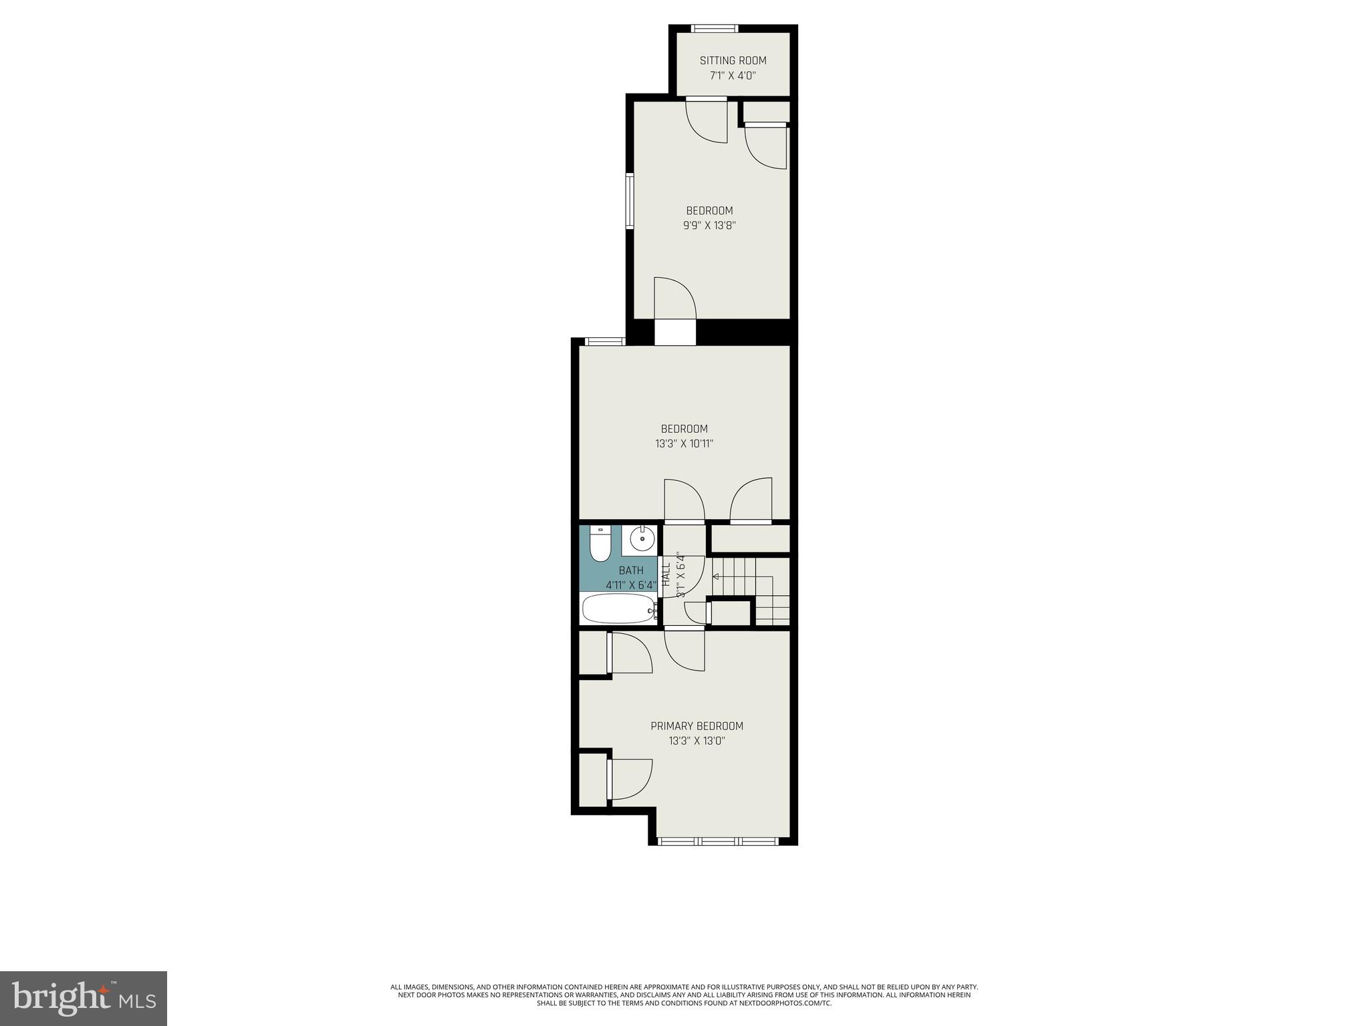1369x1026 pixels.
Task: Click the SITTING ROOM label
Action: (x=733, y=61)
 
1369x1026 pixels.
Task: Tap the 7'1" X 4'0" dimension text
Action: (x=733, y=76)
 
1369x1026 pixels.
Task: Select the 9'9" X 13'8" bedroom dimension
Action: (x=709, y=226)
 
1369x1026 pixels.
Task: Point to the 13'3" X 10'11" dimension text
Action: (x=684, y=444)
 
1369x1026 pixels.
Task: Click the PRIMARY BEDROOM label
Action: (x=697, y=726)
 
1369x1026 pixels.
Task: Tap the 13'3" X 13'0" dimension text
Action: (x=697, y=741)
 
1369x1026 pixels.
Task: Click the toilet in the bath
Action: (x=600, y=544)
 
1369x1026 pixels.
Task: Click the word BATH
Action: (x=631, y=570)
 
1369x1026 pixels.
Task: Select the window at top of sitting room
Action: (x=714, y=28)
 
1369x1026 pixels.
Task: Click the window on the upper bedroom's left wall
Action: (x=629, y=201)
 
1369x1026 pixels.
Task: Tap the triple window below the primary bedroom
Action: (x=718, y=841)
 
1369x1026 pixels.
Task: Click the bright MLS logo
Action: (x=84, y=998)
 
